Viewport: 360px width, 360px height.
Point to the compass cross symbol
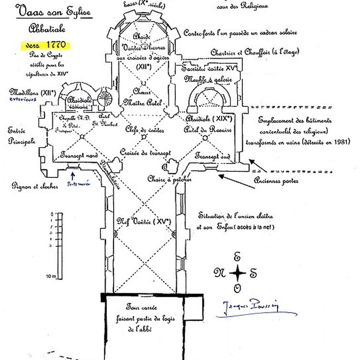(x=237, y=273)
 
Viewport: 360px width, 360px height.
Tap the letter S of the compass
(x=253, y=273)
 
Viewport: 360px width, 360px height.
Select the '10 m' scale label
(x=51, y=276)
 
